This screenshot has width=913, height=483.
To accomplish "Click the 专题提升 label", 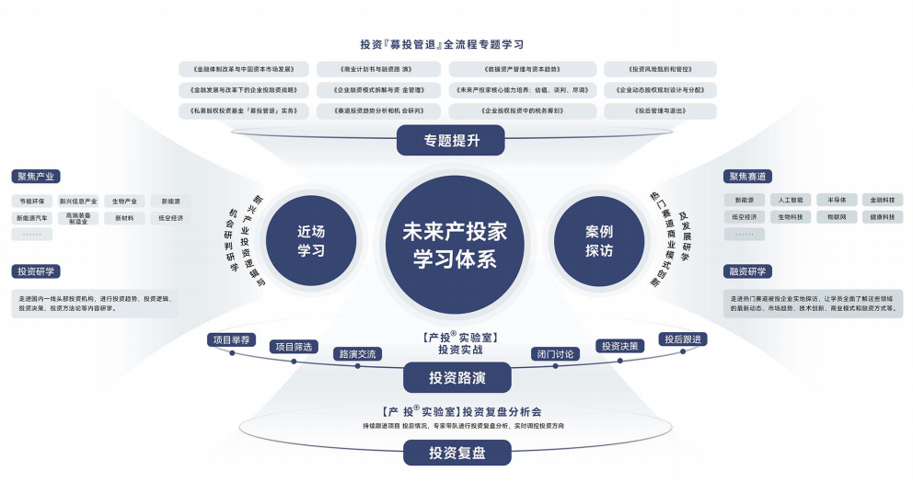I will (x=452, y=141).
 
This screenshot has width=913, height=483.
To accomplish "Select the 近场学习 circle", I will (x=311, y=241).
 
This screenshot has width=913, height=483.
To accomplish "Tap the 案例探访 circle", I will (x=599, y=241).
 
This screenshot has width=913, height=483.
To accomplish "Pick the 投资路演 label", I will (x=456, y=377).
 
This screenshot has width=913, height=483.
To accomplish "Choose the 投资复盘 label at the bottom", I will (x=456, y=453).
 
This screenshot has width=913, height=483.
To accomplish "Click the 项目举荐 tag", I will (x=231, y=339).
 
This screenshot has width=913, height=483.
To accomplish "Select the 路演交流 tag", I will (x=357, y=353).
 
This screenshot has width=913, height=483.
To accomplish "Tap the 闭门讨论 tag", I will (x=555, y=353).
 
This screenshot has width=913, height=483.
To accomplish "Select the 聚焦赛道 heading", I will (x=748, y=176).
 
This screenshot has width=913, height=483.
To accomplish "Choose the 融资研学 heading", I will (x=748, y=271).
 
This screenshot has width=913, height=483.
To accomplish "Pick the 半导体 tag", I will (x=836, y=200).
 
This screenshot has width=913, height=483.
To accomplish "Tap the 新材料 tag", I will (x=125, y=218).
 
